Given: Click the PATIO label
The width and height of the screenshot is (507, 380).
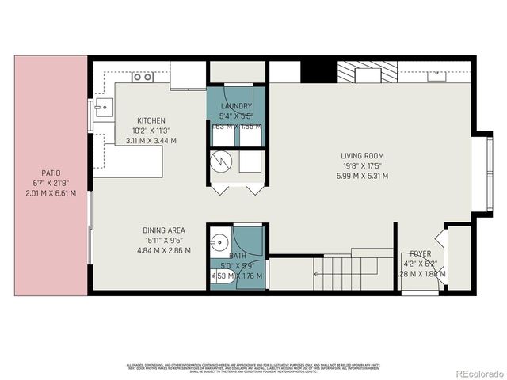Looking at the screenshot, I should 51,173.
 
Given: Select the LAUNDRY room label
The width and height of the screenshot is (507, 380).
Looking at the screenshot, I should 237,107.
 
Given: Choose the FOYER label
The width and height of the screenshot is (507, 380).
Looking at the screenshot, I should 420,254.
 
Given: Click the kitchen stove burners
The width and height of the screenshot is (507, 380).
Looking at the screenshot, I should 143,77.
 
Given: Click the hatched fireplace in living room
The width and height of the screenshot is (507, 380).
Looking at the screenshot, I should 360,73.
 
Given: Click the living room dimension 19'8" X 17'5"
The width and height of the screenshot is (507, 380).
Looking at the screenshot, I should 363,166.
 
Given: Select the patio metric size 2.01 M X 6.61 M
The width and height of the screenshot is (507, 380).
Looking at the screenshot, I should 51,193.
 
